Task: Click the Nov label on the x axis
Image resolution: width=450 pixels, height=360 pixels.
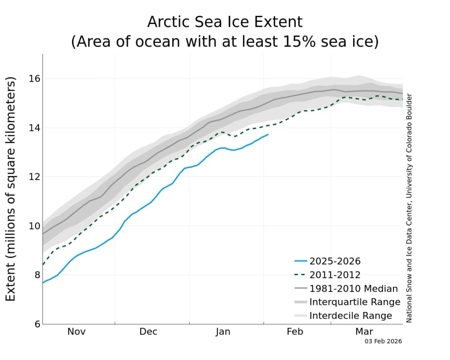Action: point(76,332)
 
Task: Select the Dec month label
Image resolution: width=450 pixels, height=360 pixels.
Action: point(148,332)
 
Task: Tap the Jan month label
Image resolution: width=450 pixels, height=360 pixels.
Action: point(223,332)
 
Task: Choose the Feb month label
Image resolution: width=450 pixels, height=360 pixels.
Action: point(295,332)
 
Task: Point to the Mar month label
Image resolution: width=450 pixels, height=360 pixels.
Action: point(364,332)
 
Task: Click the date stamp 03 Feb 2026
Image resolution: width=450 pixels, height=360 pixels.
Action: point(383,341)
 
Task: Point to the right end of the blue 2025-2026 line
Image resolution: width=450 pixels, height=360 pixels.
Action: point(268,134)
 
